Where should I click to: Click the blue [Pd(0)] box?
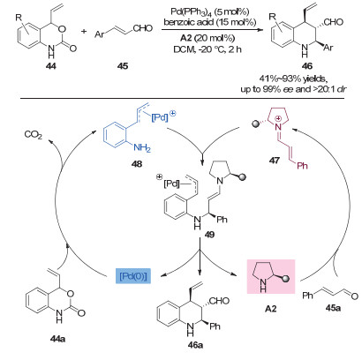(x=133, y=276)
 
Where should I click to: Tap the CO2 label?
(x=34, y=135)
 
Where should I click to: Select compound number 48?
(x=137, y=163)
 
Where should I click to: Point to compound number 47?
(x=274, y=161)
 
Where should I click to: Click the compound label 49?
(x=209, y=235)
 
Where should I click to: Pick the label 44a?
(x=57, y=339)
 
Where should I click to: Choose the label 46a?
(x=195, y=345)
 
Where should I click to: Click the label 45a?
(x=333, y=308)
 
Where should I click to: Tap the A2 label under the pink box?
(x=271, y=309)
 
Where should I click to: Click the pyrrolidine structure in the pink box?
(x=269, y=277)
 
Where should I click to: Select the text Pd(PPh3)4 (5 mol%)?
(x=210, y=11)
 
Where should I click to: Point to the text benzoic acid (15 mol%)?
(x=210, y=22)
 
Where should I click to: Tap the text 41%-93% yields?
(x=292, y=79)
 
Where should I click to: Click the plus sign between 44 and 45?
(x=84, y=31)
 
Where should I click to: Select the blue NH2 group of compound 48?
(x=142, y=147)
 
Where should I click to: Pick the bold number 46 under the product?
(x=307, y=66)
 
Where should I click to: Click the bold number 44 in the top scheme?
(x=50, y=66)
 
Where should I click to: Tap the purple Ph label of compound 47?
(x=302, y=166)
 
